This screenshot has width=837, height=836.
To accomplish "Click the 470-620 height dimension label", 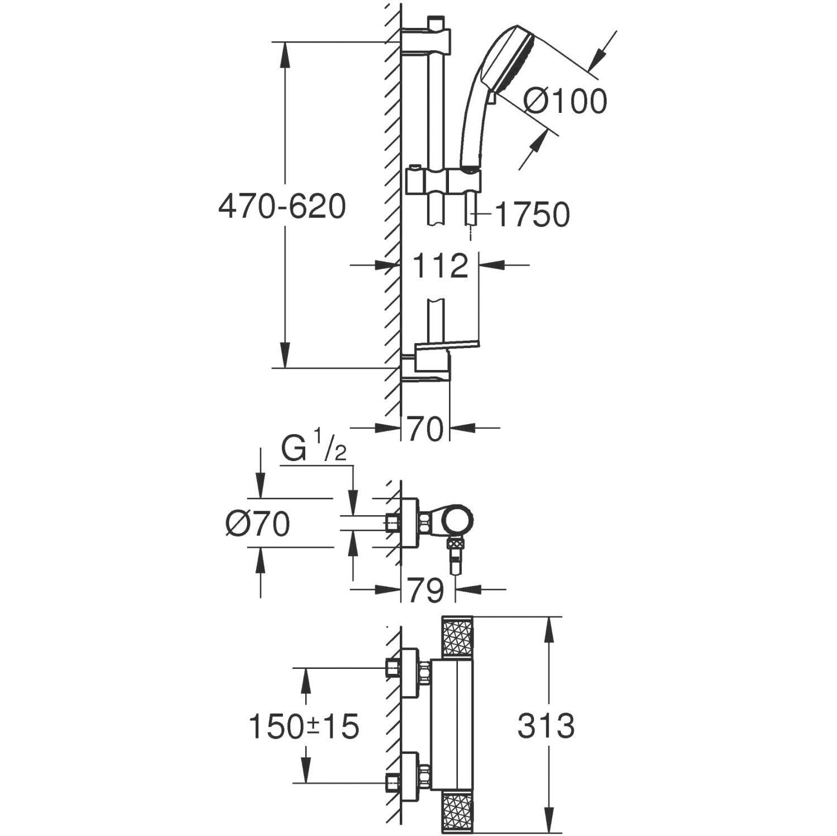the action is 282,207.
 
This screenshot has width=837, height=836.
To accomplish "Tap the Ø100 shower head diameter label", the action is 565,102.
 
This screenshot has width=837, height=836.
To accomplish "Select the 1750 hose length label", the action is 533,215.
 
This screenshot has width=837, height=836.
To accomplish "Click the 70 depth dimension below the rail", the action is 425,429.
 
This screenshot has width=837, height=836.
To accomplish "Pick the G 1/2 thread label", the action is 314,450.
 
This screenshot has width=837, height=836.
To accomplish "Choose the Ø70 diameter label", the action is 258,524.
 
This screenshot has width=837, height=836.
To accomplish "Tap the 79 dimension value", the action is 426,590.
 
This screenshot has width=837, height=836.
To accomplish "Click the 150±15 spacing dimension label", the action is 304,727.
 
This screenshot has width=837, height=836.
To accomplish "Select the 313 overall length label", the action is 546,726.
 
